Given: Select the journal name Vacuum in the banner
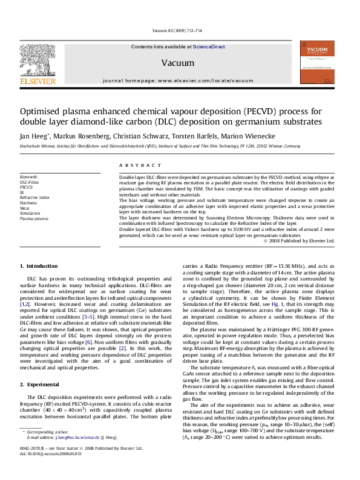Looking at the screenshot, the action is coord(173,63).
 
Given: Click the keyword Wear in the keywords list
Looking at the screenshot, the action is coord(25,207).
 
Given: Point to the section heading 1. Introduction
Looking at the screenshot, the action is coord(39,266).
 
